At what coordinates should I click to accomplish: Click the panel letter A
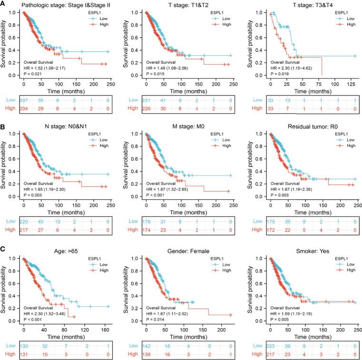click(x=3, y=3)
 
